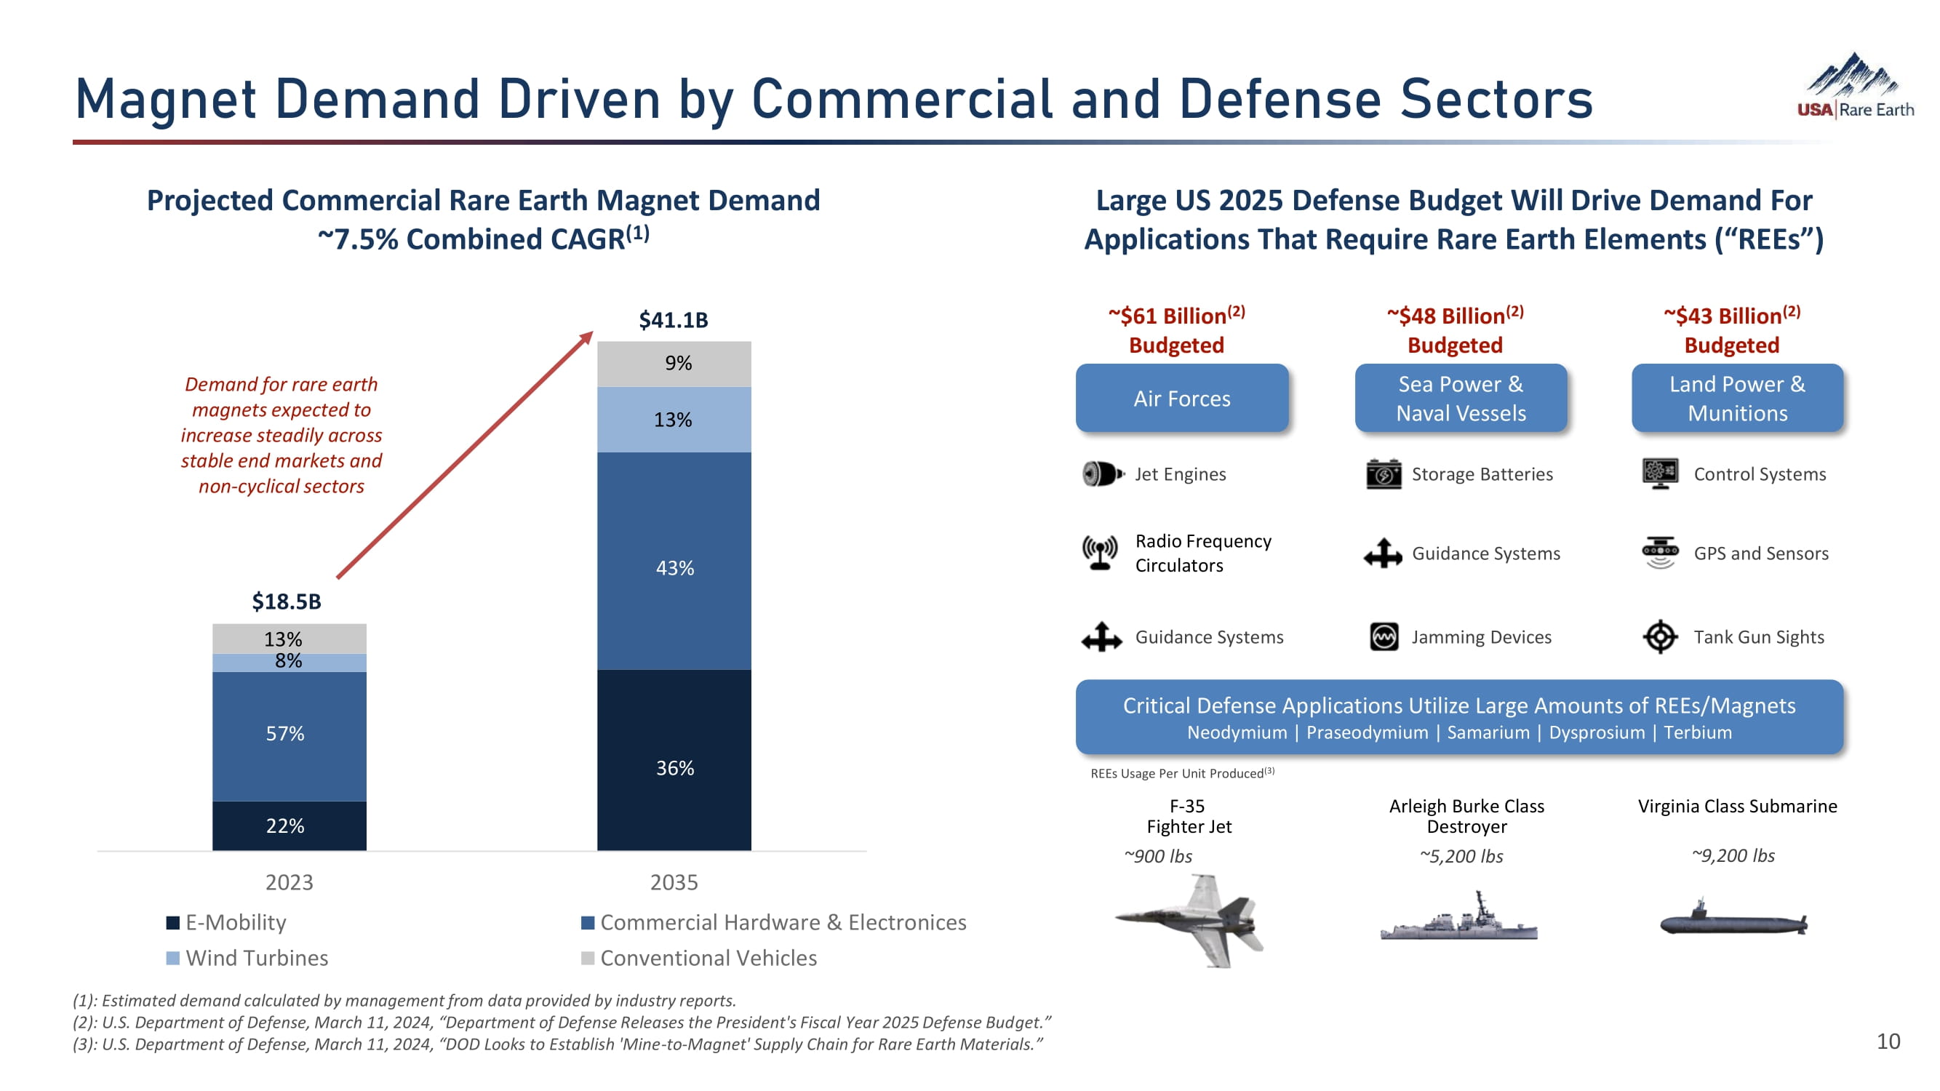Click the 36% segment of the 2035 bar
tap(674, 761)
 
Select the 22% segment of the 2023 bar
tap(289, 826)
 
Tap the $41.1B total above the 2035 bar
tap(674, 320)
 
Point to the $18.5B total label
tap(286, 602)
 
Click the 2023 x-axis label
tap(289, 882)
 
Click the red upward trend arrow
tap(465, 455)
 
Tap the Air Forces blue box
tap(1181, 399)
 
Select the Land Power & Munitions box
tap(1736, 399)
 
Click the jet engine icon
tap(1102, 474)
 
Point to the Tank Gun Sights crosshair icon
tap(1660, 637)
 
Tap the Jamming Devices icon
tap(1384, 637)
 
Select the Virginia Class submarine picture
tap(1733, 920)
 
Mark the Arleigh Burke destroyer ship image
tap(1458, 920)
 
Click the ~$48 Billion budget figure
tap(1454, 316)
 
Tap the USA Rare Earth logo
tap(1854, 87)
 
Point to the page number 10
tap(1888, 1042)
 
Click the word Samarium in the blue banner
tap(1488, 732)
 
